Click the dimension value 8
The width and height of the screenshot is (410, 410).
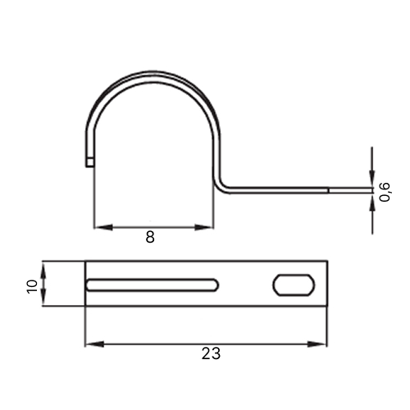tap(150, 237)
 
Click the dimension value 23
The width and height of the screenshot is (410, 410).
tap(211, 353)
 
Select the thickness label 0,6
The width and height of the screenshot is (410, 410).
tap(385, 192)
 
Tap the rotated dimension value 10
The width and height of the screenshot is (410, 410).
tap(32, 286)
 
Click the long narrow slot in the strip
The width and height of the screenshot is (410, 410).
tap(153, 285)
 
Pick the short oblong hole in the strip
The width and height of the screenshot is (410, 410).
tap(294, 285)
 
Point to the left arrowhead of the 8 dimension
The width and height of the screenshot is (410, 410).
tap(103, 227)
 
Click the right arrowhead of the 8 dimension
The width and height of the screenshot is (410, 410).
tap(204, 227)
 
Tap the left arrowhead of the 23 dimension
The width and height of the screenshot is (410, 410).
tap(94, 344)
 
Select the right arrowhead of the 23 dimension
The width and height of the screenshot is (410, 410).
tap(317, 344)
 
